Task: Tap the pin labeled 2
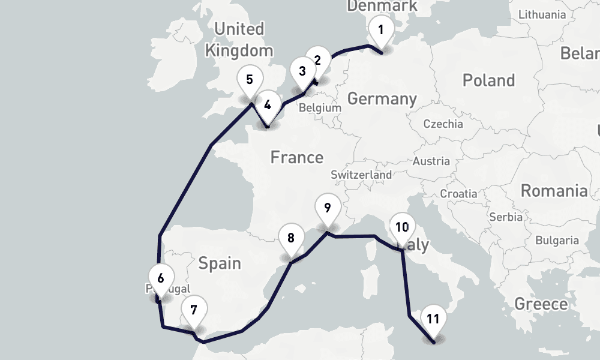tap(317, 60)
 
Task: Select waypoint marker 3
tap(302, 71)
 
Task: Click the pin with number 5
tap(250, 80)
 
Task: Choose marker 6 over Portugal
tap(160, 278)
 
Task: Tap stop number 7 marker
tap(193, 310)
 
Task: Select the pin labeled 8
tap(291, 238)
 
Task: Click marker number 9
tap(327, 209)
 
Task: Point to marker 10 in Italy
tap(402, 227)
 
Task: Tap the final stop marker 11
tap(434, 319)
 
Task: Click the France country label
tap(296, 158)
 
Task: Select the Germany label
tap(382, 99)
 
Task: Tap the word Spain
tap(220, 263)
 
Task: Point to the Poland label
tap(488, 80)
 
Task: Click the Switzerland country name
tap(361, 175)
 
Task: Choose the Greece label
tap(541, 304)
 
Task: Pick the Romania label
tap(554, 191)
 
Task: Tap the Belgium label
tap(319, 108)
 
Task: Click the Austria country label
tap(431, 161)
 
